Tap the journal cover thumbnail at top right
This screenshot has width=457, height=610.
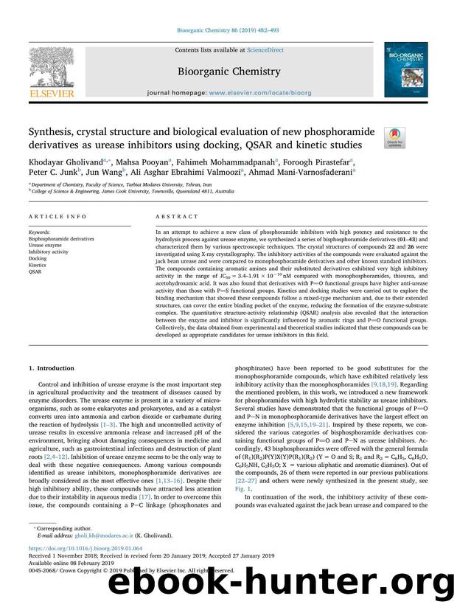click(405, 71)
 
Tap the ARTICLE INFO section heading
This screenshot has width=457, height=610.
click(48, 216)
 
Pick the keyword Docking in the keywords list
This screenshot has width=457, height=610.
click(38, 259)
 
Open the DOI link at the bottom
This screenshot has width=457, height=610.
click(80, 569)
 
